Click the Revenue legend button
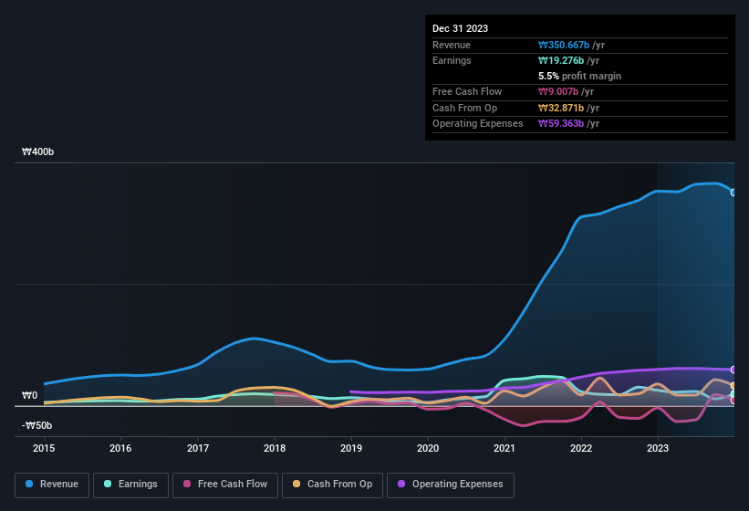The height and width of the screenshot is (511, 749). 52,485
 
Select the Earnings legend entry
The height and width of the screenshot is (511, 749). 130,485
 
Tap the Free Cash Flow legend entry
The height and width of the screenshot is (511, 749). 224,485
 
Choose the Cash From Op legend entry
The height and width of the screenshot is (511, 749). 331,485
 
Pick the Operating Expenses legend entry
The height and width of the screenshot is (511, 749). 451,485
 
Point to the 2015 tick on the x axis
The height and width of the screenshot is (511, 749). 44,448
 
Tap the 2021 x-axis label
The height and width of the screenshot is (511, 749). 505,448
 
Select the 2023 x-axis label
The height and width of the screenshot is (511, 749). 658,448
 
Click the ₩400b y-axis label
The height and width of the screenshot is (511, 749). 38,152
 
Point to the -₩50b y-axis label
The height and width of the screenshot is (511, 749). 37,425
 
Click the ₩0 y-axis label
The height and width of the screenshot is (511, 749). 30,395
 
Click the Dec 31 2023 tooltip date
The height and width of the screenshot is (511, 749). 460,28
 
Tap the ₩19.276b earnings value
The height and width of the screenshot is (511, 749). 561,60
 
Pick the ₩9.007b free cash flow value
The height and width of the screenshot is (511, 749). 558,91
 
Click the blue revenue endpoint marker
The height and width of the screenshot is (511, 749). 733,193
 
